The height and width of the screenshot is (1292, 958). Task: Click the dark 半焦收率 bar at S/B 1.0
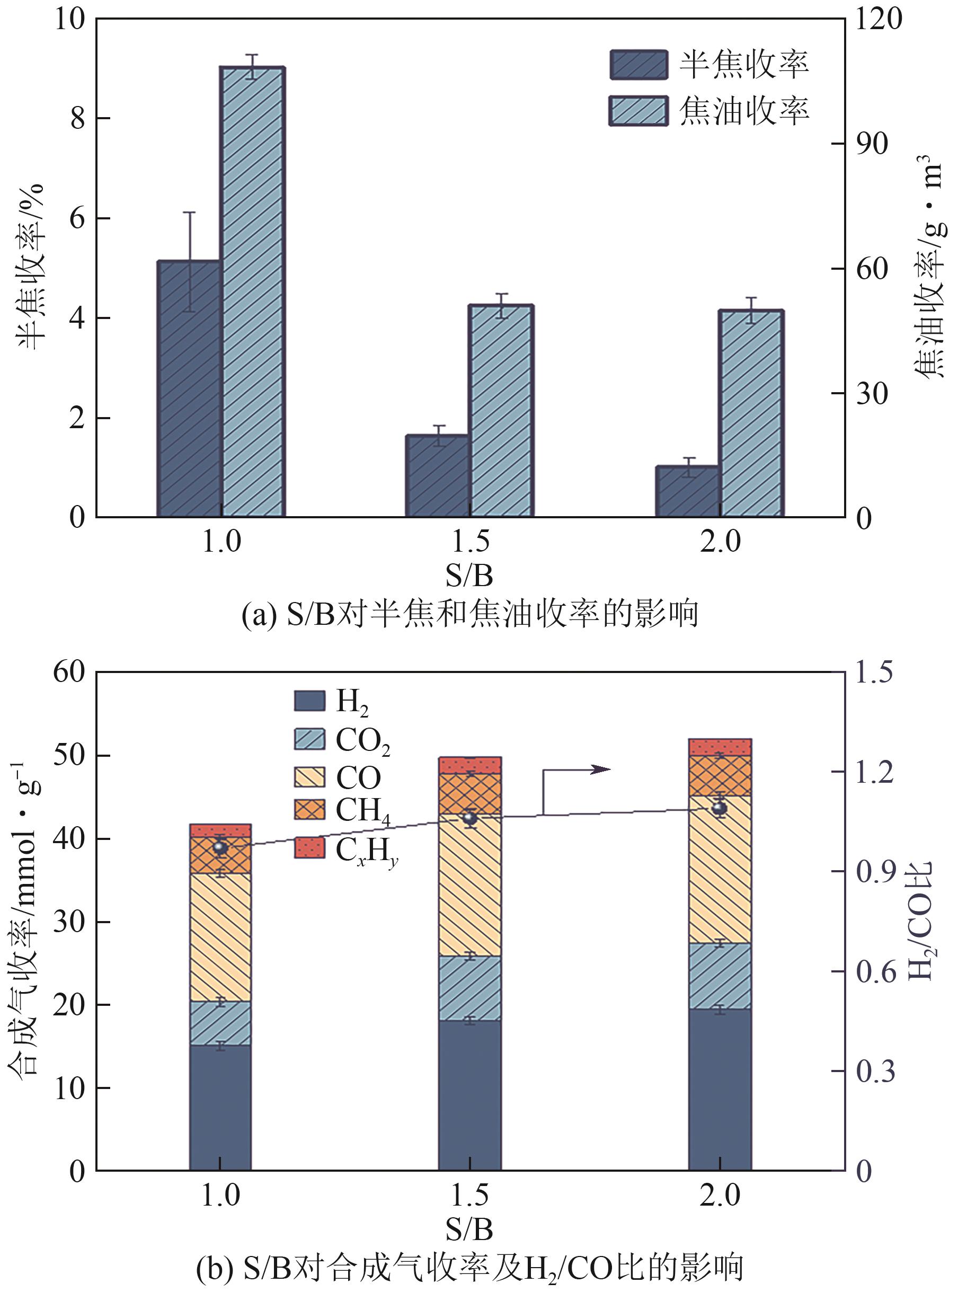point(189,388)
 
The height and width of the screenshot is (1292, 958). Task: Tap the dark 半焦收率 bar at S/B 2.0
point(687,491)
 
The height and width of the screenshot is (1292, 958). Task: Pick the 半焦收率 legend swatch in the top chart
point(638,64)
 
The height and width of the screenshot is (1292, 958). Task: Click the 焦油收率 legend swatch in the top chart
point(638,111)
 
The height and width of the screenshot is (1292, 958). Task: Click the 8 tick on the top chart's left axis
point(79,119)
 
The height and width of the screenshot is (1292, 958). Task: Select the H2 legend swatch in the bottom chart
point(309,701)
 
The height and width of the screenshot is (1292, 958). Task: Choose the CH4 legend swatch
point(309,809)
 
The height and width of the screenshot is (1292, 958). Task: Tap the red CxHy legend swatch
point(309,847)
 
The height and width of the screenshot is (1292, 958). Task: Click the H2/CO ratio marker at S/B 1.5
point(469,818)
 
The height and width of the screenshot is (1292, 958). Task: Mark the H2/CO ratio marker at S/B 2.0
point(719,808)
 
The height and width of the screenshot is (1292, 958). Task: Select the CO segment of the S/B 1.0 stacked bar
point(220,937)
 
